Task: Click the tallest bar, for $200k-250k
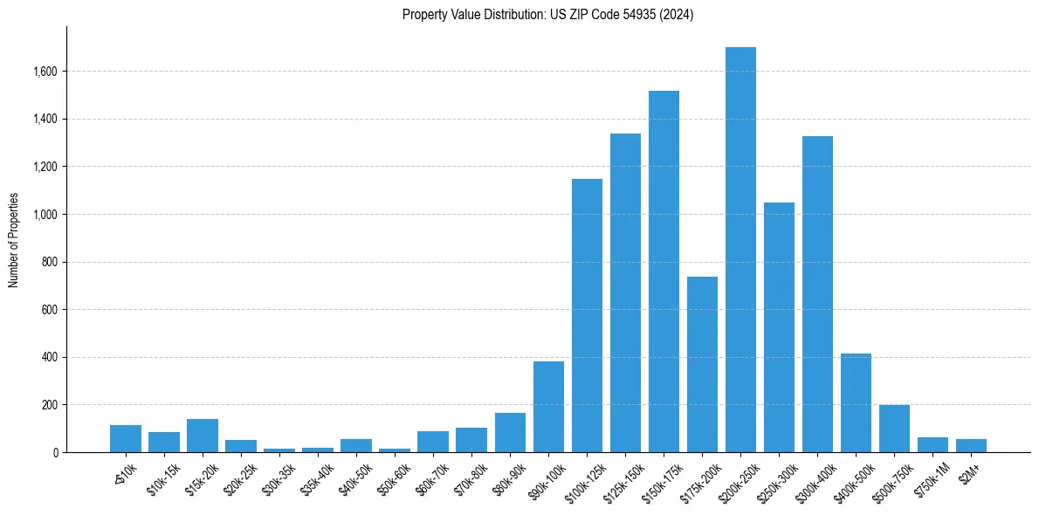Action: tap(740, 250)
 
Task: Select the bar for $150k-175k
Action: tap(664, 271)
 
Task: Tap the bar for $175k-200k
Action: tap(702, 365)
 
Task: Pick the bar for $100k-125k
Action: tap(587, 316)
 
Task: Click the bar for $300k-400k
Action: tap(817, 294)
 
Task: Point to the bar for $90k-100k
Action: tap(548, 407)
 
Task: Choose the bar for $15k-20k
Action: tap(203, 436)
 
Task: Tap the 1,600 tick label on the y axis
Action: tap(44, 72)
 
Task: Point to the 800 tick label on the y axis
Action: tap(49, 262)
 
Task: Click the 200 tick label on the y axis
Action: tap(49, 405)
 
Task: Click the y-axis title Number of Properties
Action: tap(13, 240)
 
